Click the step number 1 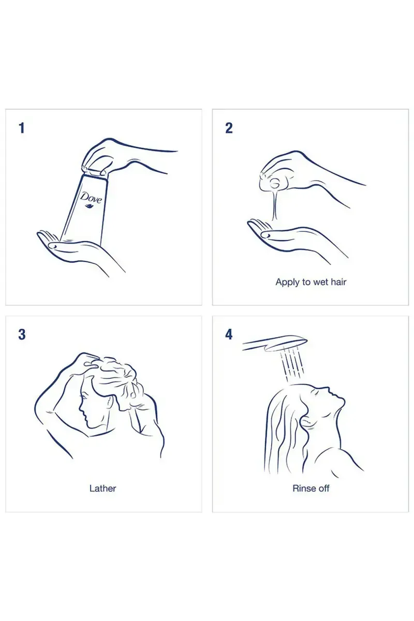point(22,128)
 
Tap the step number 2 point(229,128)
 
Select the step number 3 point(22,335)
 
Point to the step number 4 point(229,335)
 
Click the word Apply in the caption point(288,283)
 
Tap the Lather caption point(102,488)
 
